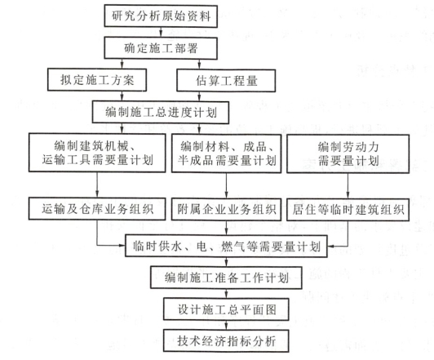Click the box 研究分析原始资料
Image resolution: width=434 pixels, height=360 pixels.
(x=161, y=16)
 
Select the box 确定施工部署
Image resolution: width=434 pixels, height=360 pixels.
(x=161, y=48)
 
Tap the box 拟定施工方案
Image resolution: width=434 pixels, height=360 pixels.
(x=97, y=80)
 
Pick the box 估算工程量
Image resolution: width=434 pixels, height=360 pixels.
(x=226, y=81)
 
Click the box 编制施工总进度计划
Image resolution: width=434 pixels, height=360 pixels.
(x=161, y=113)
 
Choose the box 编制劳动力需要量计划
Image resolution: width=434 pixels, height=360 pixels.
(x=348, y=153)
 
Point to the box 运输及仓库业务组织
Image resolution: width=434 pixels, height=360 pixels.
(x=97, y=209)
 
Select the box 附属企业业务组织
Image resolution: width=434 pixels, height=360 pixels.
(x=227, y=209)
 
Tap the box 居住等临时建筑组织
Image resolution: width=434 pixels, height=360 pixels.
(x=348, y=210)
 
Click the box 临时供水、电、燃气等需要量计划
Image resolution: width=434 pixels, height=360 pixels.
(x=226, y=247)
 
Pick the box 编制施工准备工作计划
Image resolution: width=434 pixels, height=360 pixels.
(x=226, y=278)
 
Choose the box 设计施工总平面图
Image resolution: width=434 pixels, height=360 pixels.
(x=226, y=309)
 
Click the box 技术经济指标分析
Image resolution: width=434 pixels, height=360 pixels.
(x=226, y=341)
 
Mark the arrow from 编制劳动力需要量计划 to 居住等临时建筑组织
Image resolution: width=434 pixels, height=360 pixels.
(x=348, y=186)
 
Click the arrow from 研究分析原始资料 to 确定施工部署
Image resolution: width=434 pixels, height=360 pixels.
(x=161, y=33)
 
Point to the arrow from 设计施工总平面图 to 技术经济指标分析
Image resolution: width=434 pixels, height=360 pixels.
(x=227, y=325)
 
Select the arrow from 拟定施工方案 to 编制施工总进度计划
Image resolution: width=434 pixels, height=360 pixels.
(x=122, y=96)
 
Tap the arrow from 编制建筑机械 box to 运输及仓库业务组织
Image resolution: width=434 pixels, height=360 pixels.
(x=97, y=185)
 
